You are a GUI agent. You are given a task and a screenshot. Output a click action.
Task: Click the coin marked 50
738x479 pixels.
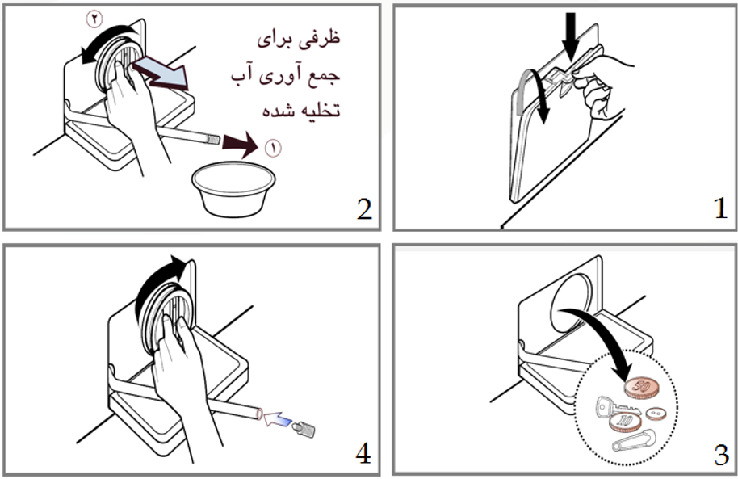point(642,389)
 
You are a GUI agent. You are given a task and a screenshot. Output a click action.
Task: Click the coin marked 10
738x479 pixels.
point(626,419)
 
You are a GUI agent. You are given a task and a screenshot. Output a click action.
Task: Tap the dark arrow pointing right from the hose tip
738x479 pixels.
point(240,146)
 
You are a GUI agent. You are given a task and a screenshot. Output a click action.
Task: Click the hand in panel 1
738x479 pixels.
point(606,85)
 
